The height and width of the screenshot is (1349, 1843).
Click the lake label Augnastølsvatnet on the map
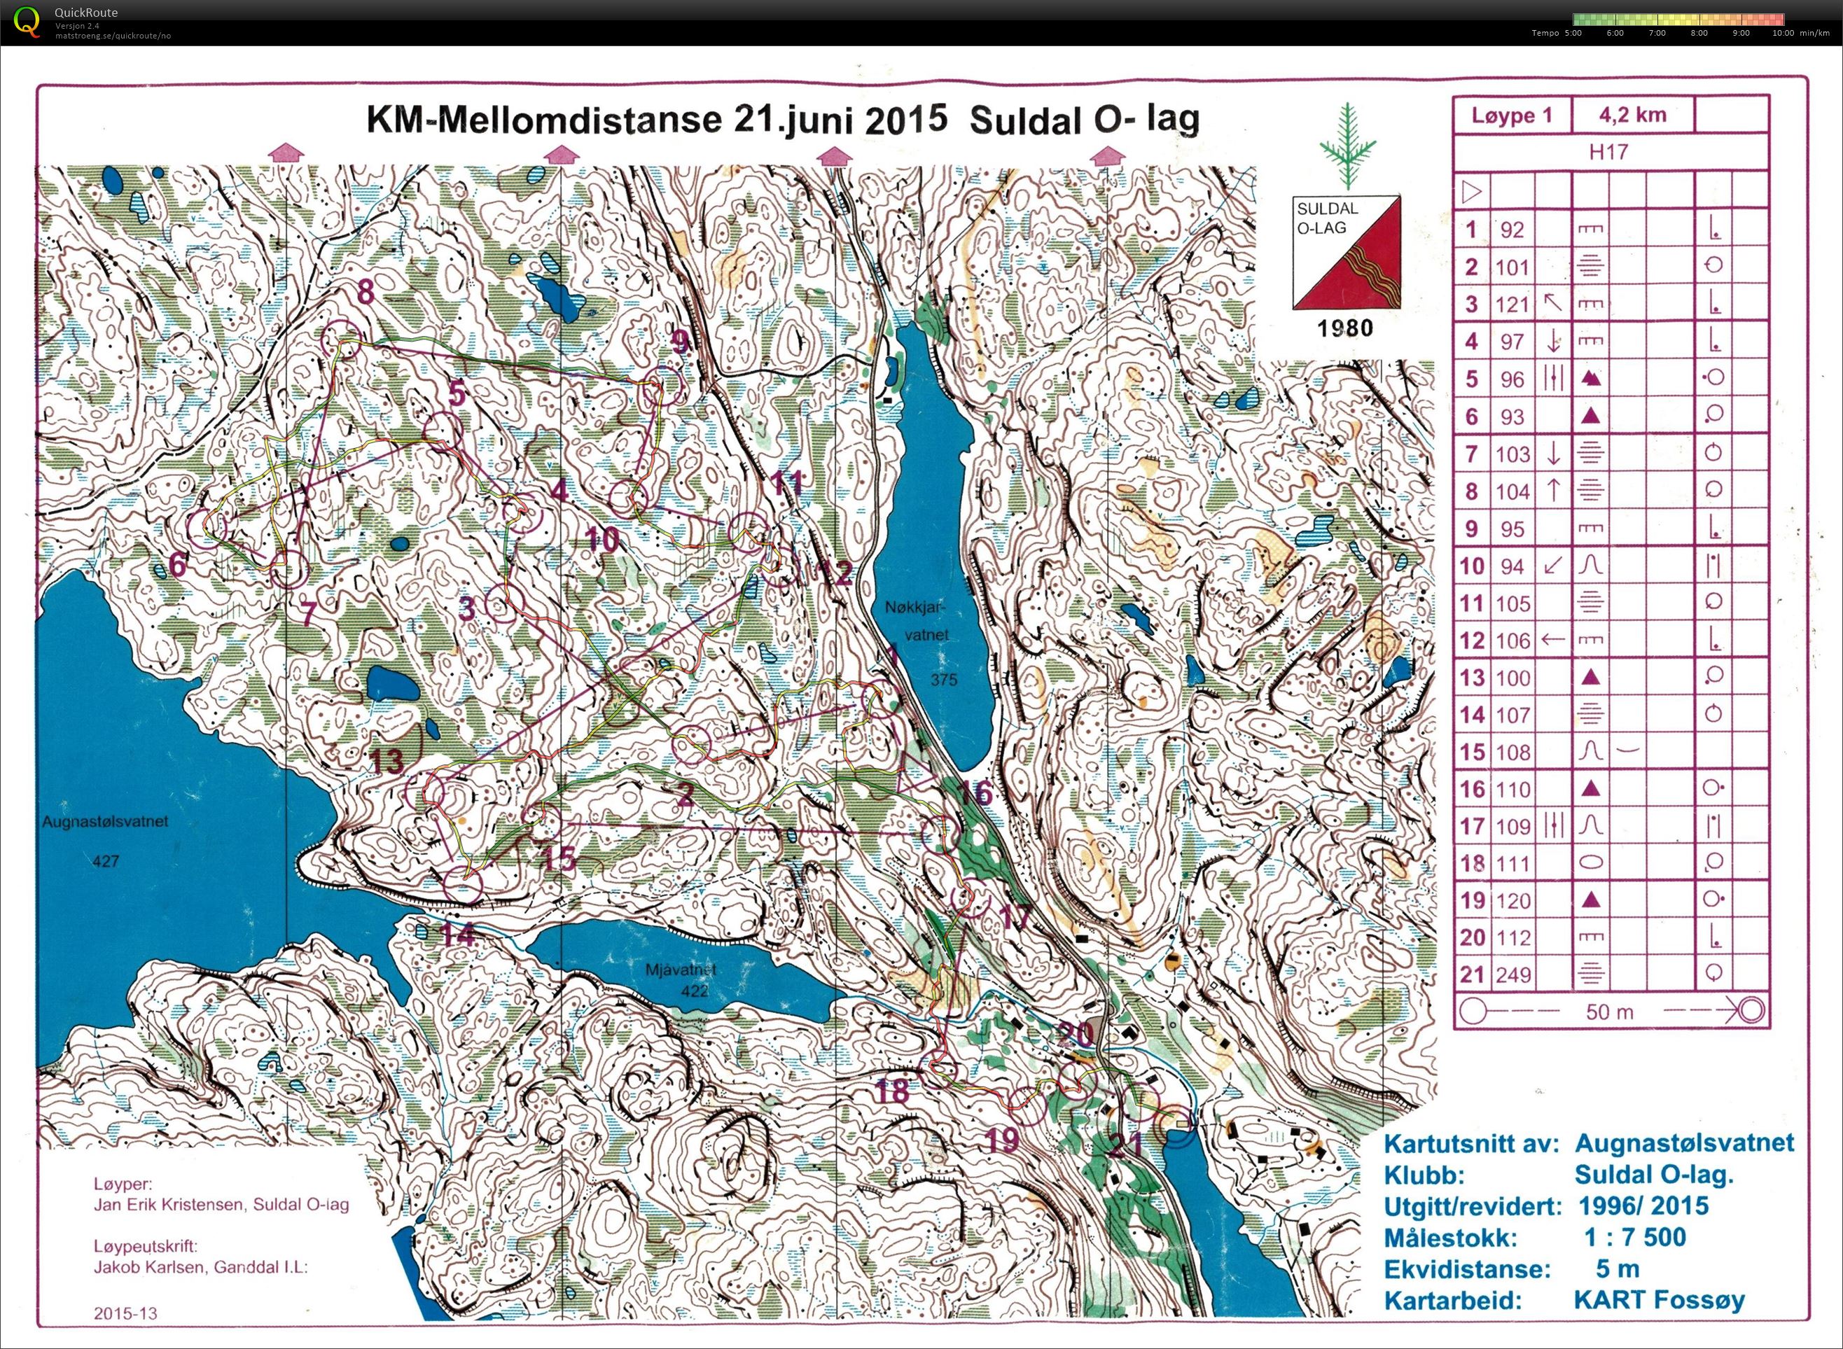(x=105, y=821)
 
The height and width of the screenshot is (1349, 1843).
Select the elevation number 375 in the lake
(x=943, y=679)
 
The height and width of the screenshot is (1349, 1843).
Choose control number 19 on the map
(x=1003, y=1140)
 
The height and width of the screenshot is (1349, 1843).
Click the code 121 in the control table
(x=1512, y=305)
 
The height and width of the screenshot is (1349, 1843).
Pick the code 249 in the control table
(x=1512, y=974)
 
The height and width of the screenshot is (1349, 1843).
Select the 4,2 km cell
(x=1633, y=115)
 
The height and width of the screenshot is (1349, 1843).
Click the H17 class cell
(x=1608, y=152)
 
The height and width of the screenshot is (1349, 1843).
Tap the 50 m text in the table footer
(x=1609, y=1012)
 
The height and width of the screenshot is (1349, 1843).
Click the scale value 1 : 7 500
(x=1635, y=1237)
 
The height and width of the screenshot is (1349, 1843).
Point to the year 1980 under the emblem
(x=1345, y=328)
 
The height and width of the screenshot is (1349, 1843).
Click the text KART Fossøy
(x=1660, y=1299)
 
